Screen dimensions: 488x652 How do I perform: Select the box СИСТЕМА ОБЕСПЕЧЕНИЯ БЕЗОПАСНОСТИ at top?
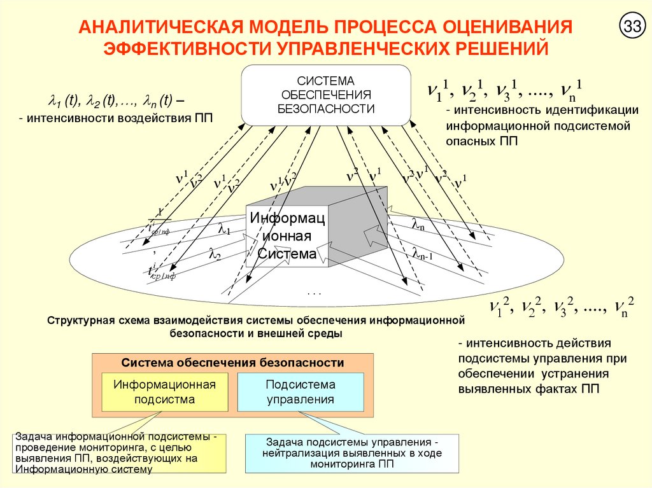click(x=325, y=95)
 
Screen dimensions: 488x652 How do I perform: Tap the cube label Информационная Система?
click(x=287, y=236)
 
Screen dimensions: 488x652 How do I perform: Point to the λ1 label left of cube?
click(x=225, y=228)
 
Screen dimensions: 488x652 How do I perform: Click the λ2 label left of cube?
click(x=215, y=253)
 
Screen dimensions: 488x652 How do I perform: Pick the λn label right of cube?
click(x=418, y=224)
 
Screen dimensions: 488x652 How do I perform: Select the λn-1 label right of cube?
click(x=422, y=255)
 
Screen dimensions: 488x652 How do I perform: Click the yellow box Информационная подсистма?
click(x=165, y=392)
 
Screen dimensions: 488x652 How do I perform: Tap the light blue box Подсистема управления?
click(x=301, y=392)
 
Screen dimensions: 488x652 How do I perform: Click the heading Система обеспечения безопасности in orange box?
click(x=233, y=363)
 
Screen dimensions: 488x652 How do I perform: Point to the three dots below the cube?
click(x=315, y=293)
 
